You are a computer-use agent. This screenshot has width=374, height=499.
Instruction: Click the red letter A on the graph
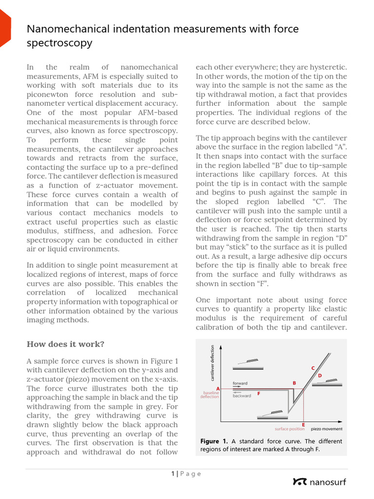click(x=218, y=388)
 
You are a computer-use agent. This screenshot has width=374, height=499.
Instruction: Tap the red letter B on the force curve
click(x=294, y=383)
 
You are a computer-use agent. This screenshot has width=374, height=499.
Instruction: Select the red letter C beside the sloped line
click(x=313, y=368)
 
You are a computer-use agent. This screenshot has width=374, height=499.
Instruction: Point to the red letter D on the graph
click(x=320, y=376)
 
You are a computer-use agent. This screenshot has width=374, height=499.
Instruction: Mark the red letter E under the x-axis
click(x=303, y=425)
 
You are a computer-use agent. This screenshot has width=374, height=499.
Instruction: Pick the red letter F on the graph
click(x=259, y=393)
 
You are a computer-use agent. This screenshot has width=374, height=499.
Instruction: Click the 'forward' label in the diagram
click(x=240, y=383)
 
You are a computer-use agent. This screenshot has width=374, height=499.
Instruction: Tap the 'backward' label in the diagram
click(x=242, y=396)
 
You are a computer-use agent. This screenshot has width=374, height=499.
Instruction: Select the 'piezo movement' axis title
click(x=326, y=429)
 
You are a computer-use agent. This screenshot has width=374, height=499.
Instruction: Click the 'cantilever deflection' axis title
click(x=212, y=363)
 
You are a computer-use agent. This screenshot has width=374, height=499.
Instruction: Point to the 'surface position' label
click(x=289, y=429)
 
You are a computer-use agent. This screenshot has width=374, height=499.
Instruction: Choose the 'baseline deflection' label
click(x=209, y=395)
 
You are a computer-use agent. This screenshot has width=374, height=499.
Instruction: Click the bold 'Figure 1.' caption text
click(x=214, y=441)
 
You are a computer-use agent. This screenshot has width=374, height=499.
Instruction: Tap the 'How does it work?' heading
click(x=65, y=344)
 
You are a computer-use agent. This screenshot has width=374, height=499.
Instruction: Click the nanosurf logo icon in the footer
click(x=299, y=482)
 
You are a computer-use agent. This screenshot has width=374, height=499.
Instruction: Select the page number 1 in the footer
click(x=172, y=474)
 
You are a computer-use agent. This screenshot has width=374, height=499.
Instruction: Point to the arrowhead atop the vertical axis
click(x=222, y=347)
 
